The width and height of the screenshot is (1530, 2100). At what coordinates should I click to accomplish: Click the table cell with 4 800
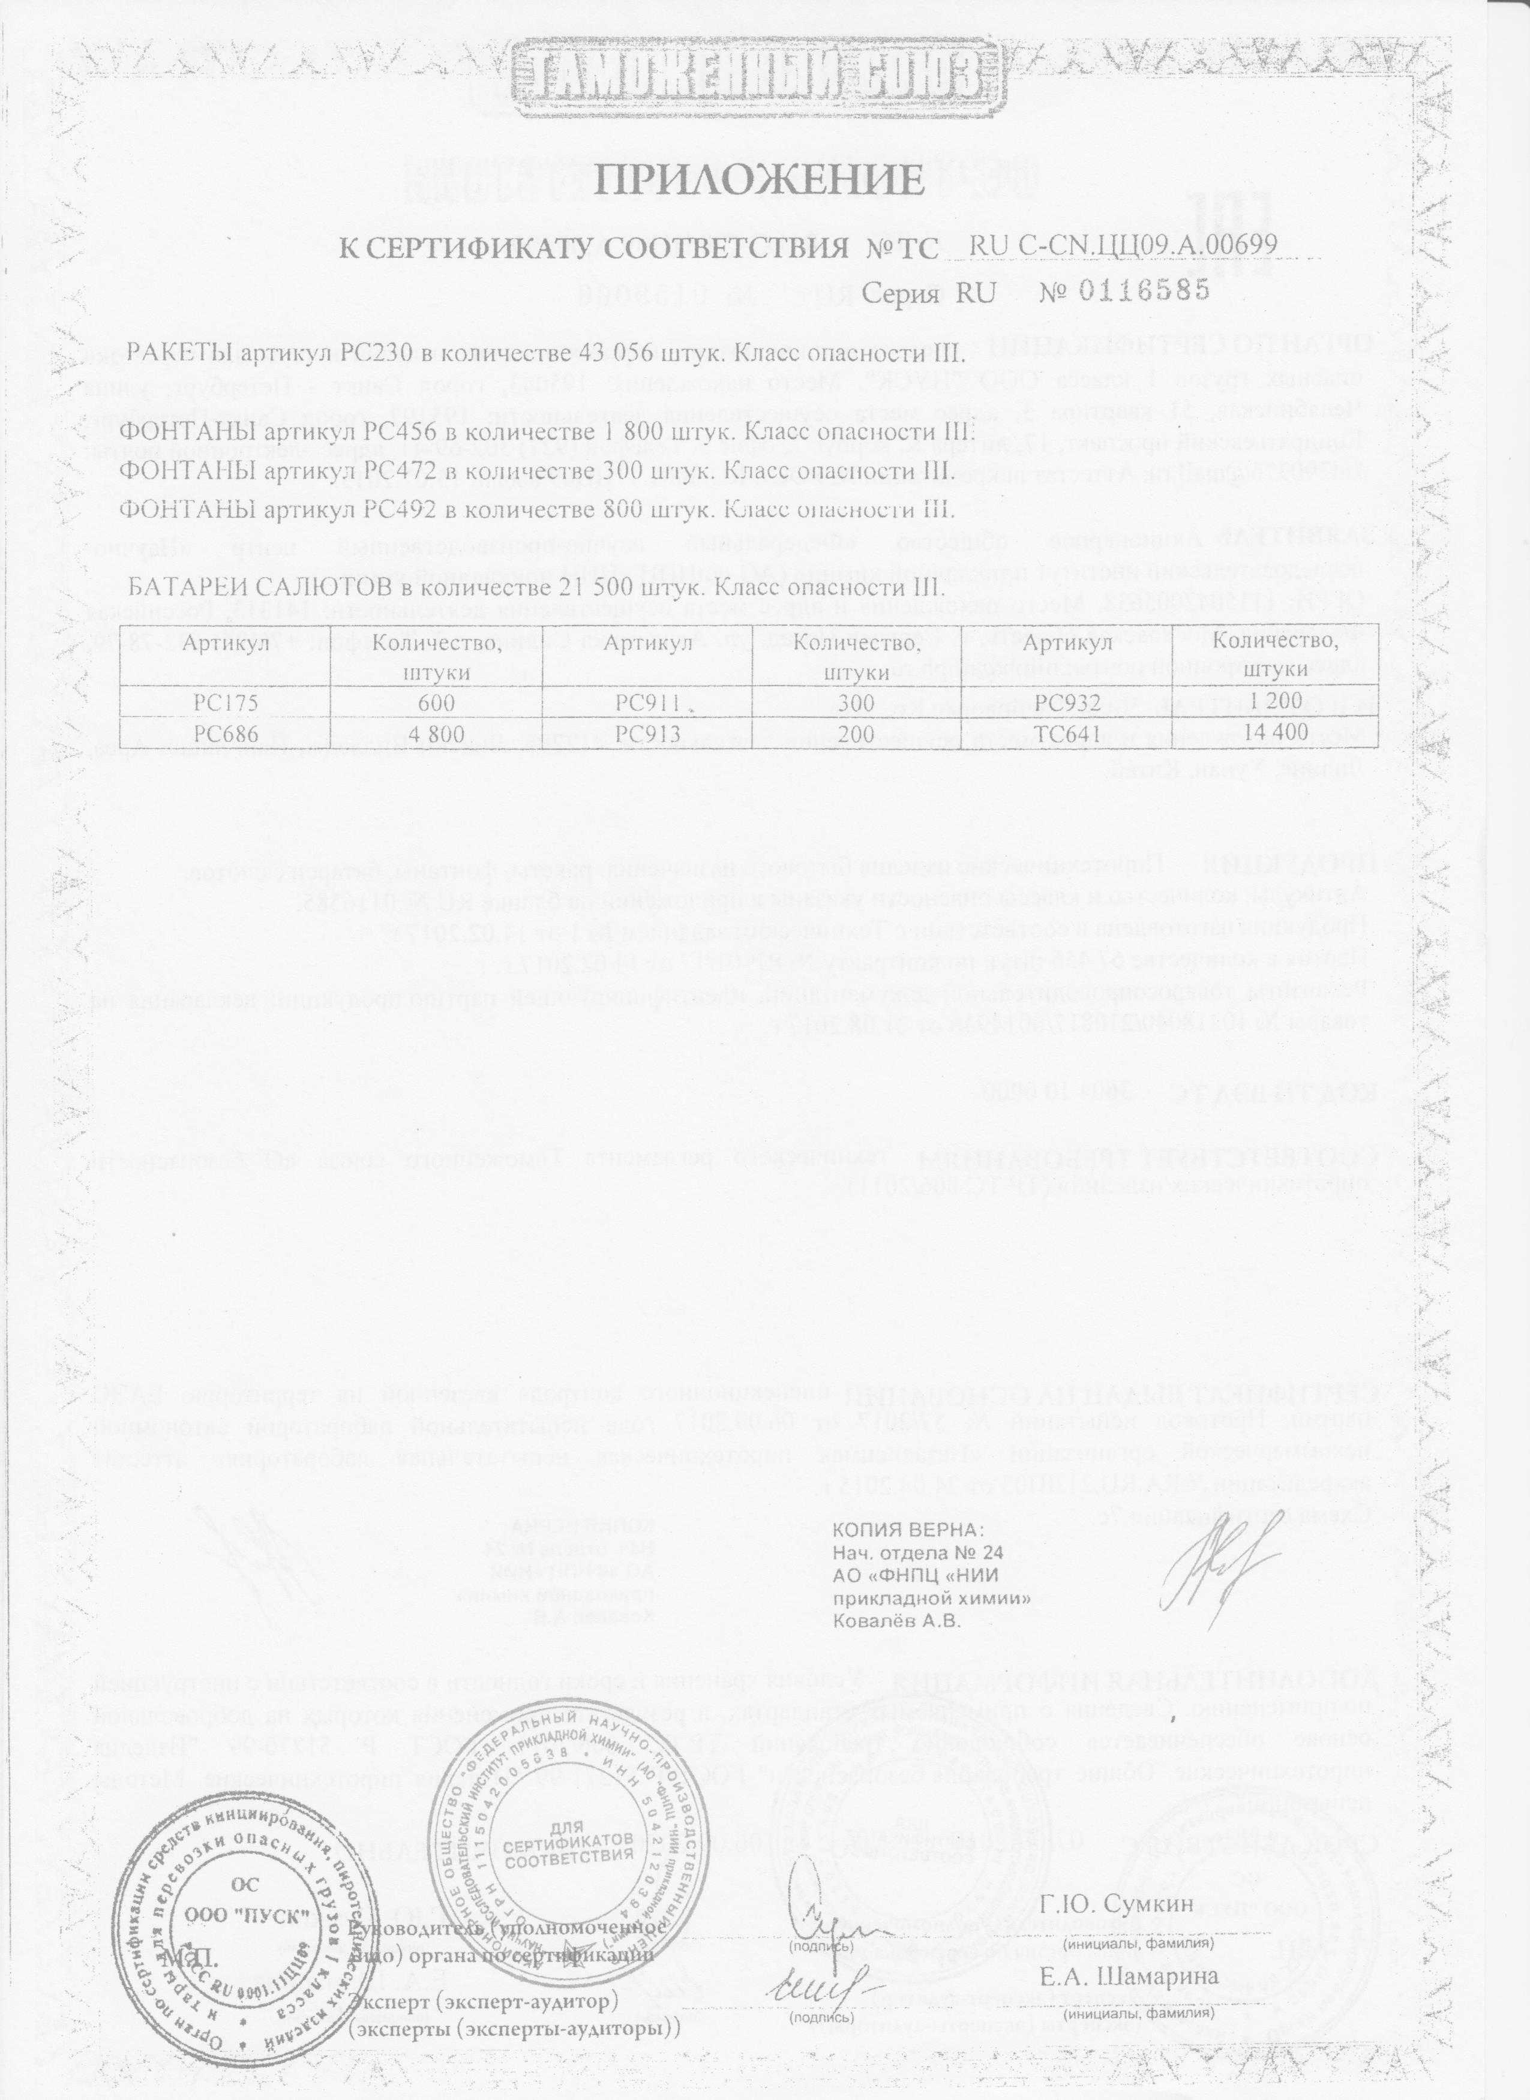435,734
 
